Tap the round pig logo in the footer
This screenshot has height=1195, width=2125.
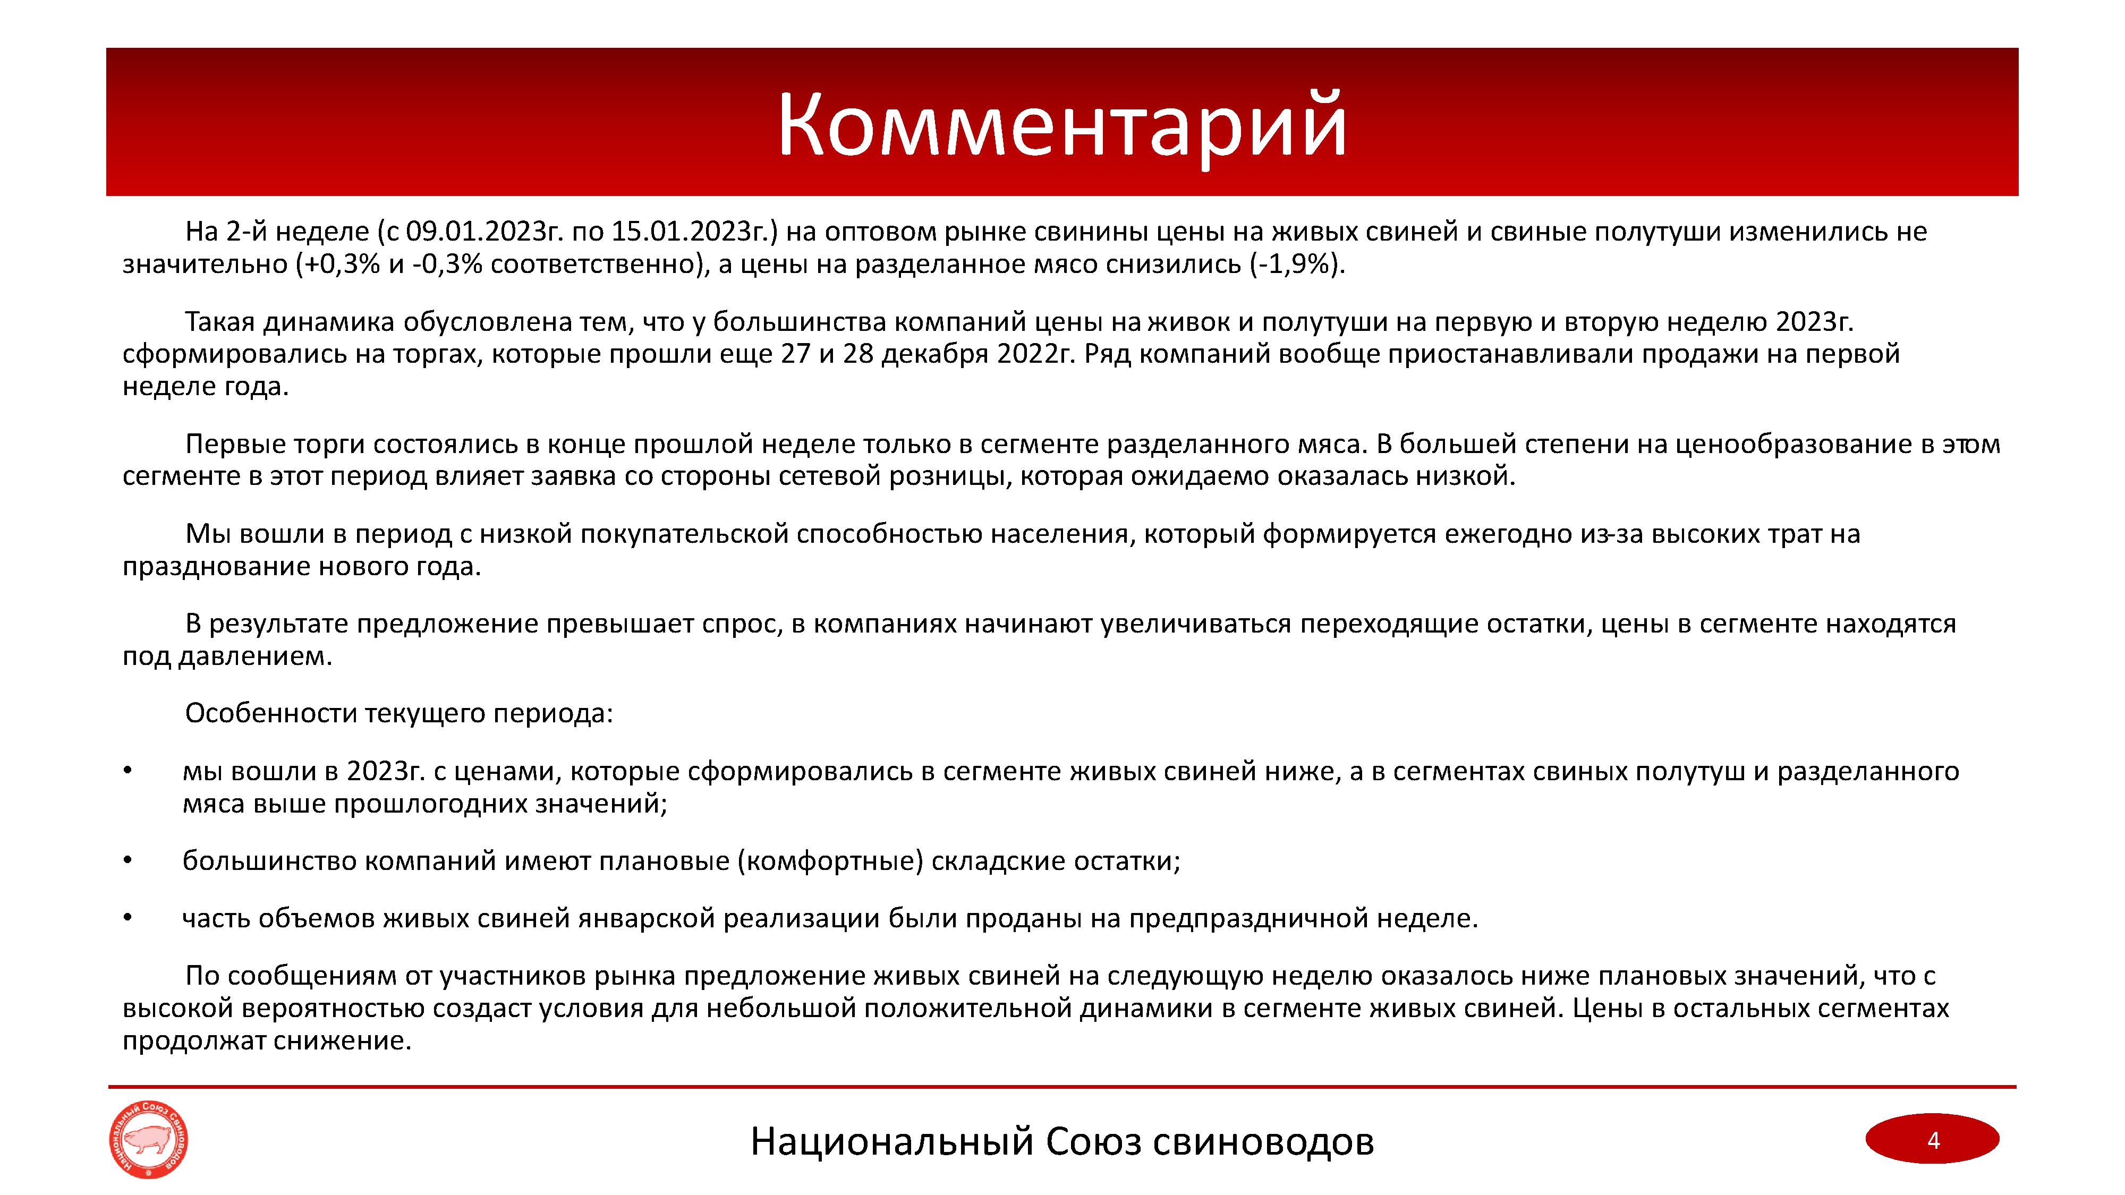(x=149, y=1141)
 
